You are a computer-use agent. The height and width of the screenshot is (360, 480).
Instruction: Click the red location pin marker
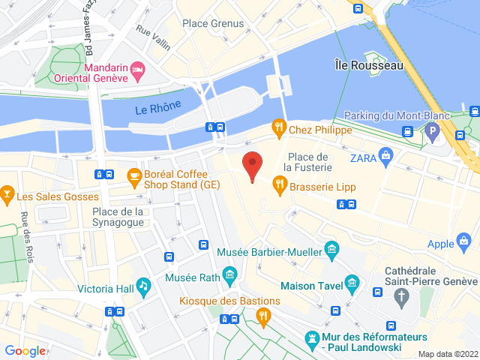pyautogui.click(x=252, y=164)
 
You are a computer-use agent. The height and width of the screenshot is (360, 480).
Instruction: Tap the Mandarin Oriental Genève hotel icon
pyautogui.click(x=138, y=71)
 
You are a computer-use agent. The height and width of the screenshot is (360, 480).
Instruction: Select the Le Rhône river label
pyautogui.click(x=158, y=108)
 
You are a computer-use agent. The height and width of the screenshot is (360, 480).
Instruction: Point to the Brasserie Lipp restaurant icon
pyautogui.click(x=279, y=182)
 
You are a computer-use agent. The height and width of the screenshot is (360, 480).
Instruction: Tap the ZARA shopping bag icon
pyautogui.click(x=386, y=157)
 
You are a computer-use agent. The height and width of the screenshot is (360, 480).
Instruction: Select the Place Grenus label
pyautogui.click(x=214, y=23)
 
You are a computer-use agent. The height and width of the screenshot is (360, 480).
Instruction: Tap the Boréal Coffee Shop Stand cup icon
pyautogui.click(x=133, y=177)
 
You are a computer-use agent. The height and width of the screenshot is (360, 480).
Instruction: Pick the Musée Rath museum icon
pyautogui.click(x=229, y=275)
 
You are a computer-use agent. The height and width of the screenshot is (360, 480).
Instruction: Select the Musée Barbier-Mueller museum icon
pyautogui.click(x=331, y=248)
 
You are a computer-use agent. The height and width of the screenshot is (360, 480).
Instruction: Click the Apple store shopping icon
pyautogui.click(x=464, y=241)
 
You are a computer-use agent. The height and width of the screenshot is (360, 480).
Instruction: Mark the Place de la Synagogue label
pyautogui.click(x=118, y=217)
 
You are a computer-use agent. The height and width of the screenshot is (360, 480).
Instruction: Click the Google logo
pyautogui.click(x=25, y=350)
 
